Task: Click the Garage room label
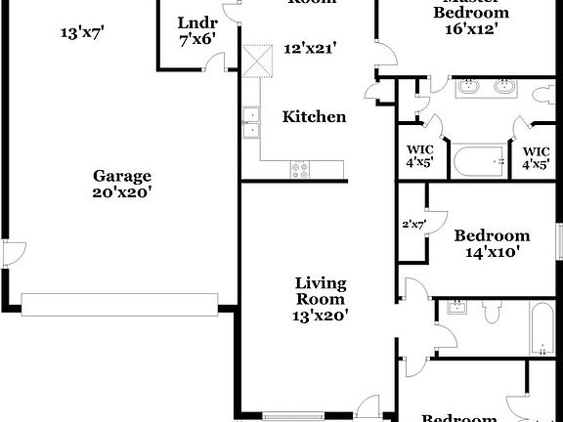click(x=122, y=176)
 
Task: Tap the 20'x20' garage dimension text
click(x=122, y=192)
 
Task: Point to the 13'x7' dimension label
click(x=82, y=33)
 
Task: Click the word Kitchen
click(x=314, y=117)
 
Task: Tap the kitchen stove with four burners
click(x=300, y=169)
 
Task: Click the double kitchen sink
click(x=250, y=121)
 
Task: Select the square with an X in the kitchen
click(x=258, y=61)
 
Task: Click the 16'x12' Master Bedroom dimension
click(x=470, y=29)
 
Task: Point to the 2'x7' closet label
click(x=413, y=225)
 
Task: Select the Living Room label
click(x=321, y=291)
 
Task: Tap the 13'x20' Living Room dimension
click(x=321, y=315)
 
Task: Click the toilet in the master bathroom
click(x=542, y=95)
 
